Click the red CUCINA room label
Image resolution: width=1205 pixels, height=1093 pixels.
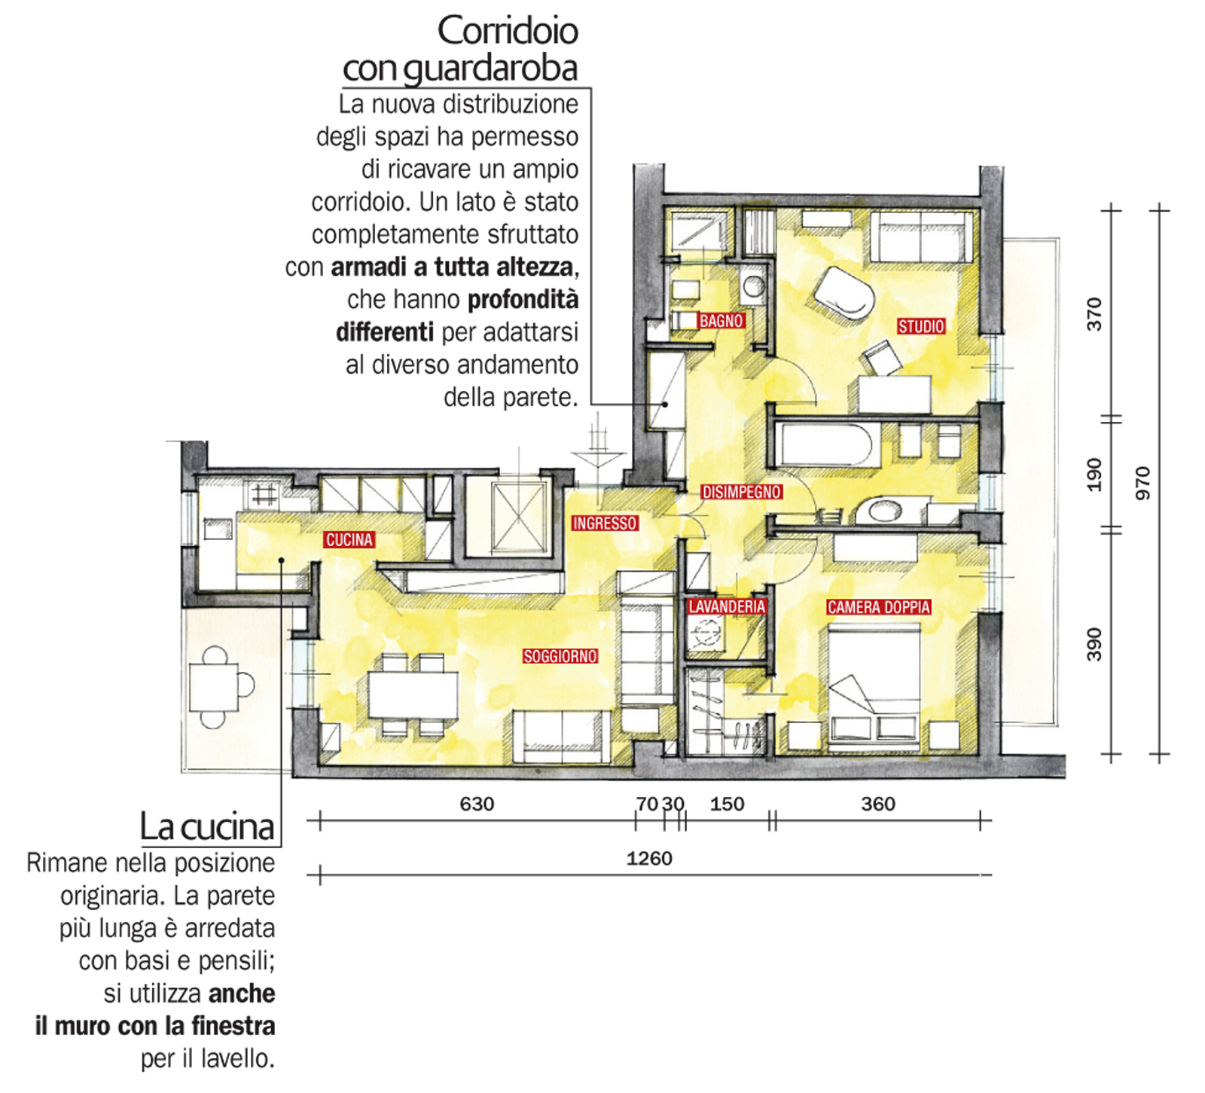pos(349,539)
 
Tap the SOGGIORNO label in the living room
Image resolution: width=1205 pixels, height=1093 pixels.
pos(560,656)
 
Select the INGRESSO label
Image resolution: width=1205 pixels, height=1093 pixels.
pos(605,523)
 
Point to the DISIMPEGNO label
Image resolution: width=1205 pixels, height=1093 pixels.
pos(742,492)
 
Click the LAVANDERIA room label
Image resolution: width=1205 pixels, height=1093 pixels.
pos(727,606)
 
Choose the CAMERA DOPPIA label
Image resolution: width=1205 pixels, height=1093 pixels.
pos(879,606)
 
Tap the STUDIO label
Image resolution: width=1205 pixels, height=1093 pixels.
pos(921,326)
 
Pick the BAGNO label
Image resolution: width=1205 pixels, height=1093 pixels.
pos(721,321)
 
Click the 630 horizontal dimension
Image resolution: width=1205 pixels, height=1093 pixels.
pos(477,804)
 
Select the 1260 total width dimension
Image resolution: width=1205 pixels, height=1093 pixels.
pos(649,858)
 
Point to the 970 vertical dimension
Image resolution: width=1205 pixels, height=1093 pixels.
pos(1143,483)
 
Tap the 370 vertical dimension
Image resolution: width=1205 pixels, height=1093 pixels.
pos(1094,314)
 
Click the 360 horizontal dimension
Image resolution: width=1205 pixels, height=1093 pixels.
pos(878,804)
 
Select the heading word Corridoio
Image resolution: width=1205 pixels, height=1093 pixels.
pos(508,31)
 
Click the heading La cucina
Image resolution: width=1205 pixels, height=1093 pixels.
pos(207,826)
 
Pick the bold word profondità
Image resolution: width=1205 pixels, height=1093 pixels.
pos(523,300)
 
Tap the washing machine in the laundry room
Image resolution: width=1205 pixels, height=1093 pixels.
pos(706,633)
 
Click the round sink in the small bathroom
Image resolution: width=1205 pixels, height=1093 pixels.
pos(753,285)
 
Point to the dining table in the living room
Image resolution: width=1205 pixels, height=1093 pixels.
pos(413,695)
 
